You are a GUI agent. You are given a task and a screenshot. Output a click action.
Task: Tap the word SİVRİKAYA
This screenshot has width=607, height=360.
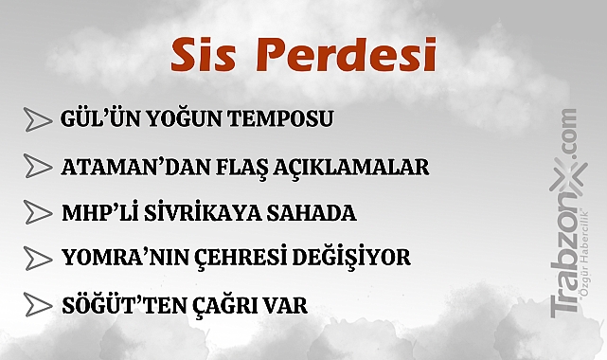tap(201, 212)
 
